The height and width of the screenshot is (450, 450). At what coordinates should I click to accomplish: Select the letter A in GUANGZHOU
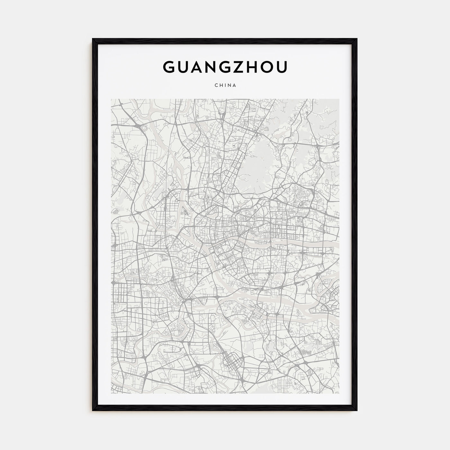[x=197, y=67]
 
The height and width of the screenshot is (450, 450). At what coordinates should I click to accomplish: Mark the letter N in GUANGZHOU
[x=211, y=67]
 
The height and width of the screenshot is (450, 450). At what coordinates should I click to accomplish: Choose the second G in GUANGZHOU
[x=225, y=67]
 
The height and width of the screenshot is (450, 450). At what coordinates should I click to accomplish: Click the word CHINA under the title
[x=225, y=85]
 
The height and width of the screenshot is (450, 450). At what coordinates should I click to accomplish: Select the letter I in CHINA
[x=225, y=85]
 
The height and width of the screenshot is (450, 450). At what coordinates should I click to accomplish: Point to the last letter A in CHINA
[x=235, y=85]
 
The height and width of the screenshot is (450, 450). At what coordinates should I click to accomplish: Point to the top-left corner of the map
[x=111, y=99]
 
